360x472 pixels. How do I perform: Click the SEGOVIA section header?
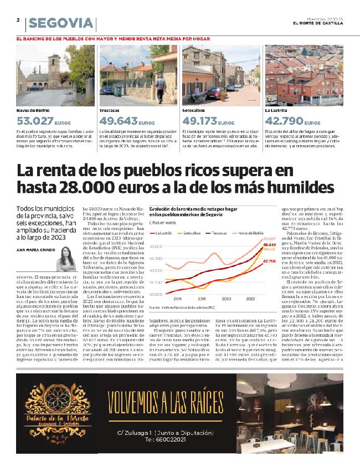(x=61, y=23)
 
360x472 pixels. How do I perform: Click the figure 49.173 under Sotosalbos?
(x=200, y=121)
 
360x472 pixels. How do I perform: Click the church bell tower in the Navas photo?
(x=56, y=66)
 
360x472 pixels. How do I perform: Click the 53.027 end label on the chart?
(x=269, y=239)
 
